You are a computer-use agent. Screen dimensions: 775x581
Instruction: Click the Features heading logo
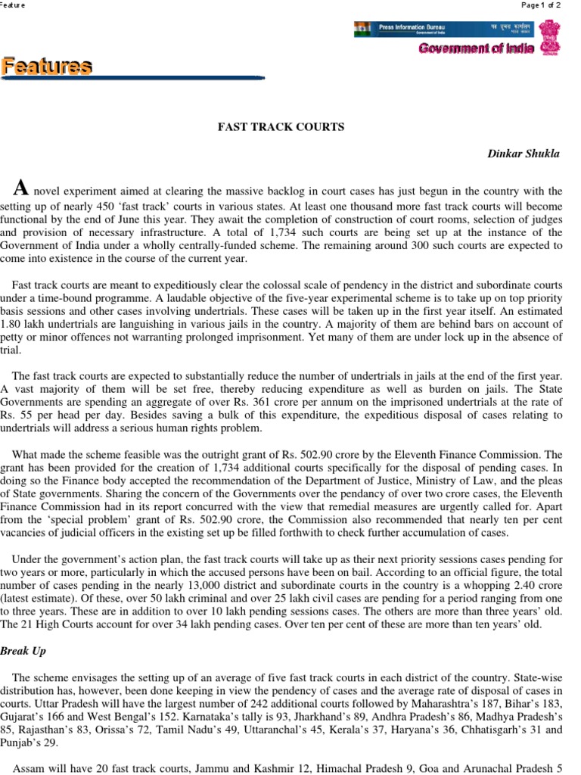(x=47, y=67)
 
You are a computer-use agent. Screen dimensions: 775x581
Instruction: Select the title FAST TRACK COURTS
(x=281, y=126)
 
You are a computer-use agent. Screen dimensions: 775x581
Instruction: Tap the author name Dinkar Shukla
(x=524, y=154)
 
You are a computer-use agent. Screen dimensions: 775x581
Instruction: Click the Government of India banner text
(x=477, y=48)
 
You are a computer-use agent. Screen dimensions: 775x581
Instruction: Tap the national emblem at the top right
(x=548, y=36)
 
